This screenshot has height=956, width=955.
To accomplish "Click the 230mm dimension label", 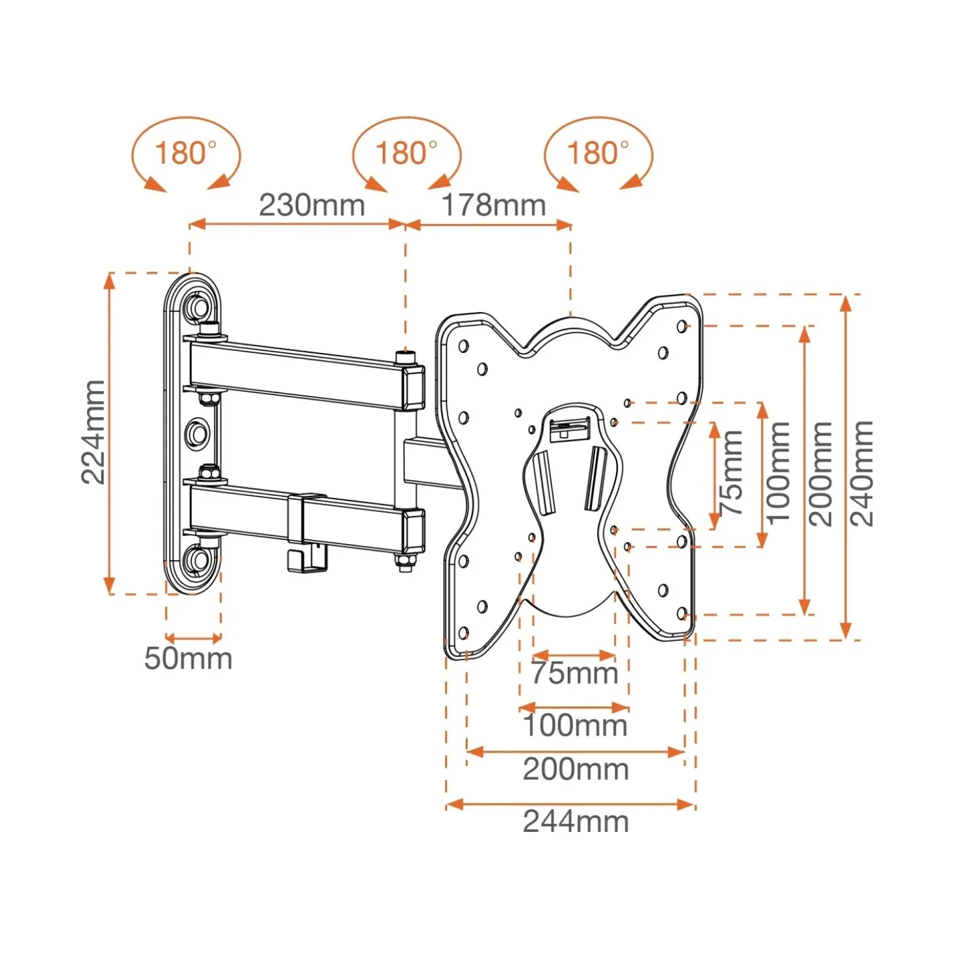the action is (312, 205).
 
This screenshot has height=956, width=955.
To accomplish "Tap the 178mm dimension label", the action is (494, 205).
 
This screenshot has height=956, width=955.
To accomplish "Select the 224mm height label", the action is (94, 432).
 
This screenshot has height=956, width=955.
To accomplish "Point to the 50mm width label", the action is (188, 659).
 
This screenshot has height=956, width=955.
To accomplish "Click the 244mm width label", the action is (576, 821).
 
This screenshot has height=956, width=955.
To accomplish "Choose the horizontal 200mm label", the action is (576, 769).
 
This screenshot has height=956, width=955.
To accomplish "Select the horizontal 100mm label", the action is (576, 725).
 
